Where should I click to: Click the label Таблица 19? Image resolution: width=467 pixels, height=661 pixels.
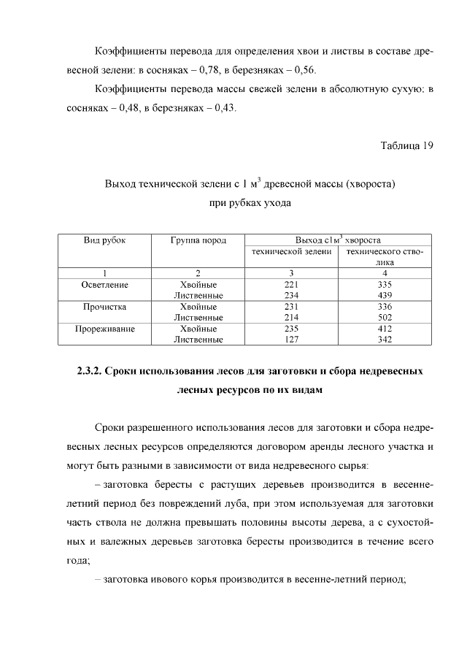[407, 145]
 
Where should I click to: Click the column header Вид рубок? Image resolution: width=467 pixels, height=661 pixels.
[105, 240]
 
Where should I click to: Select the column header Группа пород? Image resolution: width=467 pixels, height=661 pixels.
[198, 240]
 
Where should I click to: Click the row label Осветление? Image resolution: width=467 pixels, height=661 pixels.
[105, 283]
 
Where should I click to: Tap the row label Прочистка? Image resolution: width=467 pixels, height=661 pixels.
[105, 307]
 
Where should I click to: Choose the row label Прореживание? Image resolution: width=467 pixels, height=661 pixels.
[105, 329]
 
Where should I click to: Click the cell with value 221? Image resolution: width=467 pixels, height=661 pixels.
[291, 283]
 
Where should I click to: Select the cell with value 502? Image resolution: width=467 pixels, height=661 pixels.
[385, 318]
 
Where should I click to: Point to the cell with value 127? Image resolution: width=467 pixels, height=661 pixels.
[291, 340]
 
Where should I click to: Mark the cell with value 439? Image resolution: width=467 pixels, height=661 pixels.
[385, 295]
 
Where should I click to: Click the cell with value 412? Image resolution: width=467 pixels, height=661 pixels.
[385, 329]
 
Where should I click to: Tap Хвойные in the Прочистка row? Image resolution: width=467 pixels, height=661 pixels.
[198, 307]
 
